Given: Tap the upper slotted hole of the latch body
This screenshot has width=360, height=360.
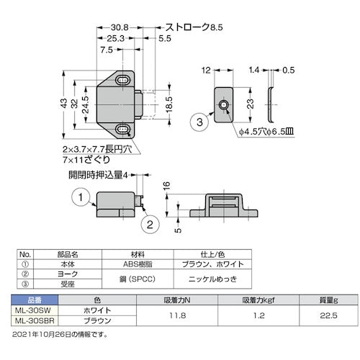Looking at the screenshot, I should pyautogui.click(x=125, y=78).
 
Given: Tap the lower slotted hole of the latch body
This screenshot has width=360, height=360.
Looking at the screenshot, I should pyautogui.click(x=125, y=130).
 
